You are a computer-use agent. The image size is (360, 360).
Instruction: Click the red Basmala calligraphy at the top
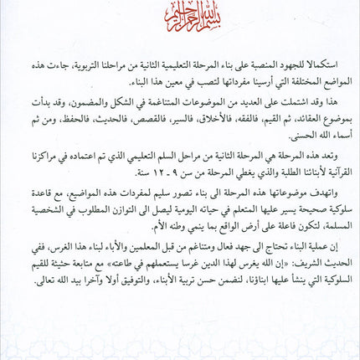(179, 28)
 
